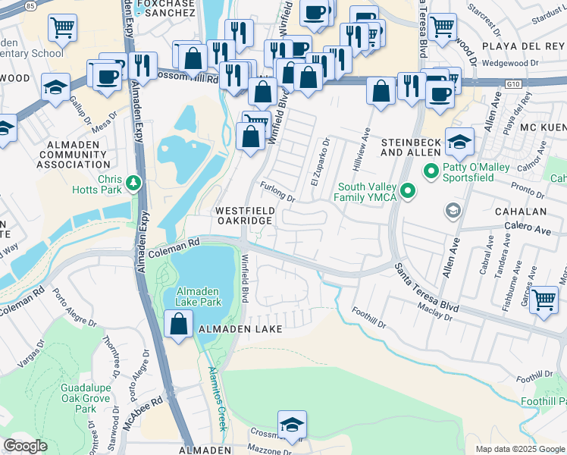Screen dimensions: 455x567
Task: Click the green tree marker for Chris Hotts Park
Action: tap(133, 182)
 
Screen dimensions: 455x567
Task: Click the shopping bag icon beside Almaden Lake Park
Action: tap(177, 325)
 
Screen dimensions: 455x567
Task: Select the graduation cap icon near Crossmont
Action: tap(292, 426)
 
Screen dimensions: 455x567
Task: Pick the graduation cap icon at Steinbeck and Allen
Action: tap(459, 141)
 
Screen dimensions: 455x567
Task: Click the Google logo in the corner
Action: tap(24, 446)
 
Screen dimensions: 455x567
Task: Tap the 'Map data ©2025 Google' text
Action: tap(519, 449)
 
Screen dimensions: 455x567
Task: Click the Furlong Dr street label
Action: tap(277, 192)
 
